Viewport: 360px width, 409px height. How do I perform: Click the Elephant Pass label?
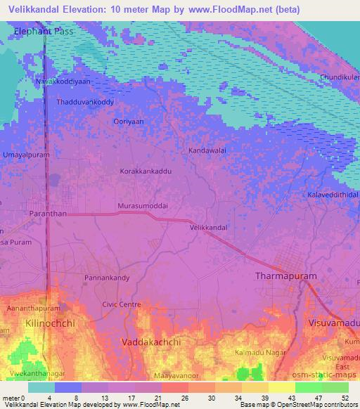[x=44, y=32]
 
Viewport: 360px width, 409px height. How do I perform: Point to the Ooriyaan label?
[x=129, y=121]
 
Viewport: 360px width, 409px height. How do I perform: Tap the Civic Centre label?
[x=122, y=304]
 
